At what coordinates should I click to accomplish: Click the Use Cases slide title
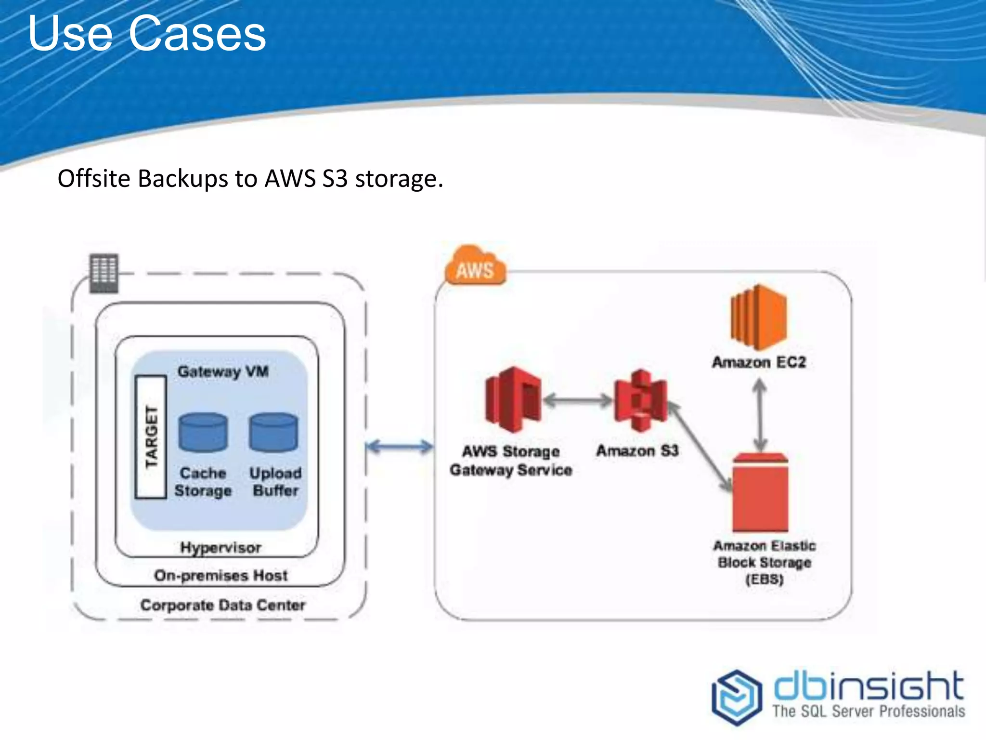click(x=147, y=34)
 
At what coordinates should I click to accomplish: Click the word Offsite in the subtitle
click(x=94, y=179)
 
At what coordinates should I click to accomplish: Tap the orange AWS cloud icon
click(x=474, y=266)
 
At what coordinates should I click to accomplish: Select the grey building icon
click(x=104, y=273)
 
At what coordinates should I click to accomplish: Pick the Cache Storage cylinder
click(x=203, y=432)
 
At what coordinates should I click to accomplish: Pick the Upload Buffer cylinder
click(x=273, y=432)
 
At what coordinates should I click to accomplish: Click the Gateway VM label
click(x=223, y=371)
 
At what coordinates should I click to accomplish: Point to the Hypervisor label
click(x=221, y=548)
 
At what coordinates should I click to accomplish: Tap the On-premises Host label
click(x=221, y=575)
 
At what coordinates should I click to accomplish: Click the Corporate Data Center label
click(x=222, y=605)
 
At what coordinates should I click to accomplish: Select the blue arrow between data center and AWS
click(x=399, y=447)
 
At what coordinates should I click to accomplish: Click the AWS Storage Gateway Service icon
click(x=513, y=399)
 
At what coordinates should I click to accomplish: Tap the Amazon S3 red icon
click(x=640, y=400)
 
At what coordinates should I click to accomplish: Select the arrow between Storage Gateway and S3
click(x=577, y=400)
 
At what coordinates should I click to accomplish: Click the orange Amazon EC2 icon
click(x=758, y=317)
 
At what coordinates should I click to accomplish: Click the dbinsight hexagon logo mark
click(x=737, y=697)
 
